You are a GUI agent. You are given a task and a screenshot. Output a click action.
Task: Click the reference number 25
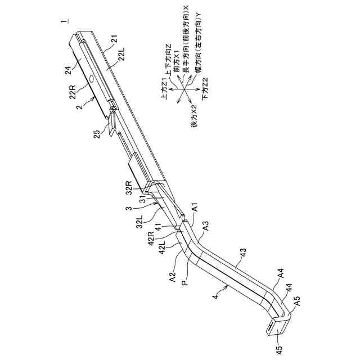[x=96, y=134]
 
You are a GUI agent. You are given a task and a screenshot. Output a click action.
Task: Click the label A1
[x=195, y=208]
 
